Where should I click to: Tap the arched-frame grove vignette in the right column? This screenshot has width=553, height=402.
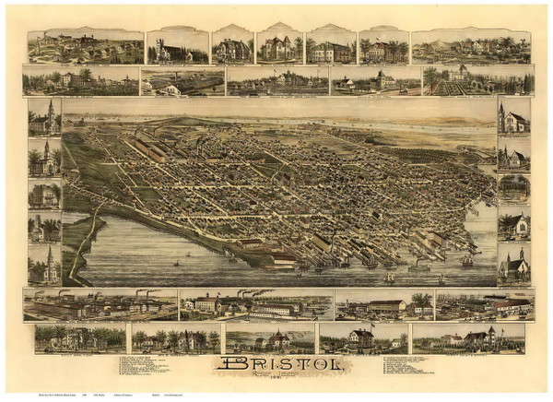coord(513,187)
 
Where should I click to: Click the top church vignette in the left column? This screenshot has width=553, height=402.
coord(44,117)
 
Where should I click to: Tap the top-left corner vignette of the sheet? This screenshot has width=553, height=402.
coord(85,46)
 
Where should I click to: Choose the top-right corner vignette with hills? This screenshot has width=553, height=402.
coord(471,46)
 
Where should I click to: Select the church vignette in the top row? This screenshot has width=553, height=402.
coord(177,45)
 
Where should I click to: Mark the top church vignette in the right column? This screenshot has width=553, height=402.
coord(513,117)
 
